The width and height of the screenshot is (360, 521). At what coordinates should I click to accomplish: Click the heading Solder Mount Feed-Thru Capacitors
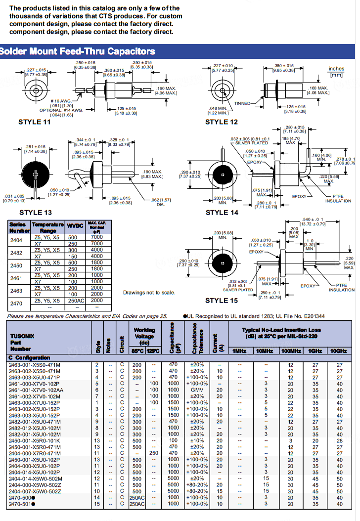[x=78, y=51]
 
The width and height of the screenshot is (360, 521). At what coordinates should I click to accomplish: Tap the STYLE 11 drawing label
[x=37, y=122]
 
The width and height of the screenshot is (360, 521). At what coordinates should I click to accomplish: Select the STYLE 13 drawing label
[x=35, y=212]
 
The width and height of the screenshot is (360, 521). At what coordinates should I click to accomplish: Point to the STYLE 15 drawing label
[x=222, y=300]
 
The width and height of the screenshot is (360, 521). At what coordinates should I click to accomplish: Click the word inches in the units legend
[x=336, y=69]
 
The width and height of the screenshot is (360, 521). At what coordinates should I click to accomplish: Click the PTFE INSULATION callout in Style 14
[x=338, y=199]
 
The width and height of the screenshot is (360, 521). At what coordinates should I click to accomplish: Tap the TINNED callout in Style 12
[x=242, y=103]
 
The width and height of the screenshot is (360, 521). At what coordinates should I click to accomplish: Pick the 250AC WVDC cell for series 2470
[x=73, y=301]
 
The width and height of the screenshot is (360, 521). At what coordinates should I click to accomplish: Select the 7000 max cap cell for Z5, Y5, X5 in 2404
[x=97, y=237]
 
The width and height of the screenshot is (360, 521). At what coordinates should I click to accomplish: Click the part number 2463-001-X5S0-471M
[x=35, y=365]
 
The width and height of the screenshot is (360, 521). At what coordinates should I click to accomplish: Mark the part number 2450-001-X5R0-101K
[x=35, y=440]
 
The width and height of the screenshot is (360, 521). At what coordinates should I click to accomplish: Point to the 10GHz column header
[x=339, y=350]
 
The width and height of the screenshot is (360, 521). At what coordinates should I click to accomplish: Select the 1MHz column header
[x=239, y=350]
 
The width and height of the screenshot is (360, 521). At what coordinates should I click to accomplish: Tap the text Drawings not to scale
[x=149, y=293]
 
